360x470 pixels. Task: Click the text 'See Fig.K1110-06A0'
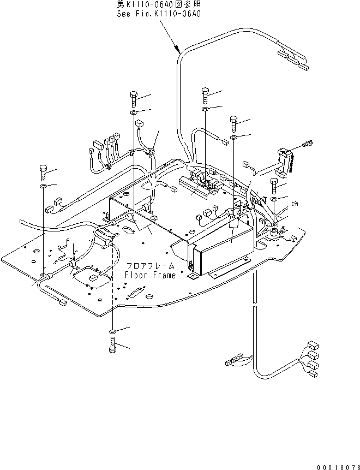[159, 14]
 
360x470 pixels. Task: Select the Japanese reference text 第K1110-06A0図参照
[159, 5]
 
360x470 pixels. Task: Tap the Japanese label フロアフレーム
[149, 266]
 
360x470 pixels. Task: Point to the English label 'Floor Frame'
[150, 275]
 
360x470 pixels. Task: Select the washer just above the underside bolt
[112, 331]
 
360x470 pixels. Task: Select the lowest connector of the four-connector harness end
[314, 374]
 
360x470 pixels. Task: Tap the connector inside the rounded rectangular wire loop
[93, 278]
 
